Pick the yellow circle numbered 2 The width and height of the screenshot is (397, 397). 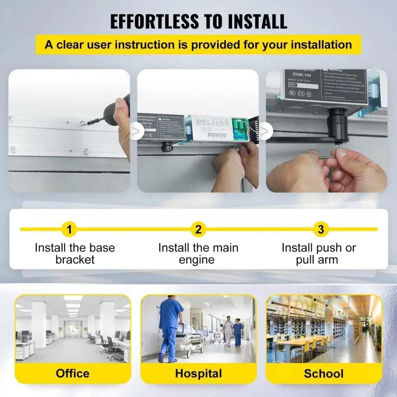tap(198, 229)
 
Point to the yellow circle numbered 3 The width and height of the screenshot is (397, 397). tap(321, 229)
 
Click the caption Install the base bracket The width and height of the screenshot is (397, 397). tap(75, 254)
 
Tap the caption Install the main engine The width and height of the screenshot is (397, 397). tap(198, 254)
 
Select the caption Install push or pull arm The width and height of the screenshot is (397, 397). tap(318, 254)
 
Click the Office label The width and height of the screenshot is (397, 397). tap(73, 373)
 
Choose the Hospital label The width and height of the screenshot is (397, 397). tap(198, 373)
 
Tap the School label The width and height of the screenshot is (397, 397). tap(324, 373)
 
